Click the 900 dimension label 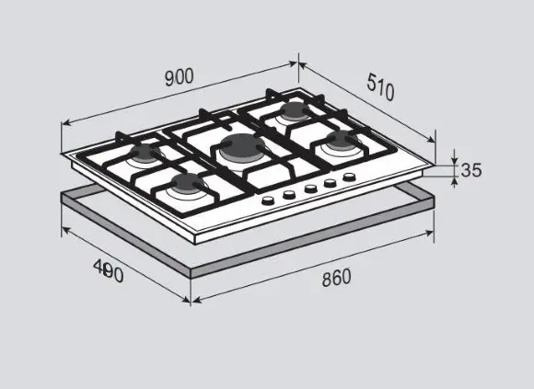(180, 77)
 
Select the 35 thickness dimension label (471, 170)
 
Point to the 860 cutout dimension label (336, 278)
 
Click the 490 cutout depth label (109, 271)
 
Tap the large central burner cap (241, 147)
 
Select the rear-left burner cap (146, 152)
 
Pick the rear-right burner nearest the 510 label (294, 109)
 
